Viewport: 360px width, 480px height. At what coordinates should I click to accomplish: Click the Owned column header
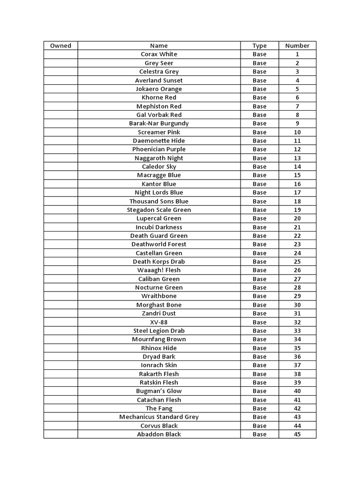click(60, 45)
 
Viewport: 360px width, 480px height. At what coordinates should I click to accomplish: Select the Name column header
click(159, 45)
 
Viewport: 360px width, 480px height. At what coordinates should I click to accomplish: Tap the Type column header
click(259, 45)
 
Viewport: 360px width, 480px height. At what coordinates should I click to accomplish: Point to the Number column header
click(297, 45)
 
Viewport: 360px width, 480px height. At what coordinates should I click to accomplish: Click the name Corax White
click(159, 54)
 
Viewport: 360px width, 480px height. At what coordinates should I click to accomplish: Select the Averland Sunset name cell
click(159, 80)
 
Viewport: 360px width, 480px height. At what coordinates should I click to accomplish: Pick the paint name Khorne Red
click(159, 97)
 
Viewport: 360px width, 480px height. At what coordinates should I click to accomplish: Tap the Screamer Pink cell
click(159, 132)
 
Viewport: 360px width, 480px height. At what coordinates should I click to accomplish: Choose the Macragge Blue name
click(159, 175)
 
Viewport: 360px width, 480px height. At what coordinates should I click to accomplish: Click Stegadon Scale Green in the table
click(159, 210)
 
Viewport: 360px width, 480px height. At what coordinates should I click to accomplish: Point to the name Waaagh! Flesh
click(159, 270)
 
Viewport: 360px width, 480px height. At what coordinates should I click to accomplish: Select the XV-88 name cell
click(159, 322)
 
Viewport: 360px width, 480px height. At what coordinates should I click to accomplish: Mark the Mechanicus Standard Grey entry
click(159, 417)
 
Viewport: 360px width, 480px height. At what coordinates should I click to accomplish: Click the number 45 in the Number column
click(297, 435)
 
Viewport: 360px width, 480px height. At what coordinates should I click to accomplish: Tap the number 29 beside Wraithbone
click(297, 296)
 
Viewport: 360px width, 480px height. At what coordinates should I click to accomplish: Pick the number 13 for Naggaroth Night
click(297, 158)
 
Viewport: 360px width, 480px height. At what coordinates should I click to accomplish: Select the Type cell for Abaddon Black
click(259, 435)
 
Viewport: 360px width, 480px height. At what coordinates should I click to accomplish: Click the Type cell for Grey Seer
click(259, 63)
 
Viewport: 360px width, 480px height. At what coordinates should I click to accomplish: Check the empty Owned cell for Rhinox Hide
click(60, 348)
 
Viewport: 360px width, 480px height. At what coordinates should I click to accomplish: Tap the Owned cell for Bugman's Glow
click(60, 391)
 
